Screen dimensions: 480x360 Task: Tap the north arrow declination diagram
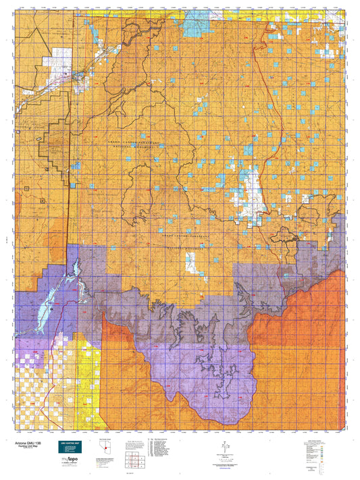pyautogui.click(x=221, y=448)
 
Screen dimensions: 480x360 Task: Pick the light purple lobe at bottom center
pyautogui.click(x=196, y=385)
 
